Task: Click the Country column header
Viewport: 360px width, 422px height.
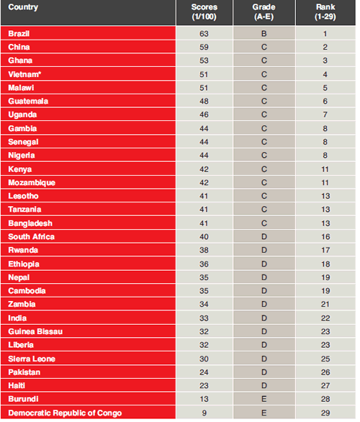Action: [x=23, y=7]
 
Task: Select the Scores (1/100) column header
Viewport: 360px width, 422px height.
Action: [x=204, y=12]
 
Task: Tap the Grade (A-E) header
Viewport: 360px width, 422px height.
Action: [x=264, y=12]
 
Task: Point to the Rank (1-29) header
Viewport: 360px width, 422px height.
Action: [x=325, y=12]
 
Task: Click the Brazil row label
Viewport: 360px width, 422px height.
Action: [x=19, y=34]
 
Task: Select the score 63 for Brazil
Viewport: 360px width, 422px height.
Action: [x=204, y=34]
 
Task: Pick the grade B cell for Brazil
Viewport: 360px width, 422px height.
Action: [x=264, y=34]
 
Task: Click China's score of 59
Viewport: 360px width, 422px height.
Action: [x=204, y=47]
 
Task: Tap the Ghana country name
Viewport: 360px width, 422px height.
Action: [x=20, y=60]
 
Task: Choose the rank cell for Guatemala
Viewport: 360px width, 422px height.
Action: [x=325, y=102]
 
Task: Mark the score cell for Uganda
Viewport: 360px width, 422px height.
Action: [x=204, y=115]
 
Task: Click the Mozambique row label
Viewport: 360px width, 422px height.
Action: [x=32, y=183]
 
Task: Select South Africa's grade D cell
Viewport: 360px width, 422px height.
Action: [x=264, y=237]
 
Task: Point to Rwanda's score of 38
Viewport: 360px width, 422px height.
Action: [x=204, y=251]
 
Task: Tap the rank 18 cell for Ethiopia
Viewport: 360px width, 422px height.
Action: [x=325, y=264]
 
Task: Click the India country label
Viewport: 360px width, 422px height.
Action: [x=17, y=318]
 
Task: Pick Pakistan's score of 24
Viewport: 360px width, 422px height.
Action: [x=204, y=372]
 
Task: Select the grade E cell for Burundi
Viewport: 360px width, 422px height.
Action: [x=264, y=399]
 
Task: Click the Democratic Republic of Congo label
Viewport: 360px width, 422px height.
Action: [x=65, y=413]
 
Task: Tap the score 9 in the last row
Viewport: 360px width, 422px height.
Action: [x=204, y=413]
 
